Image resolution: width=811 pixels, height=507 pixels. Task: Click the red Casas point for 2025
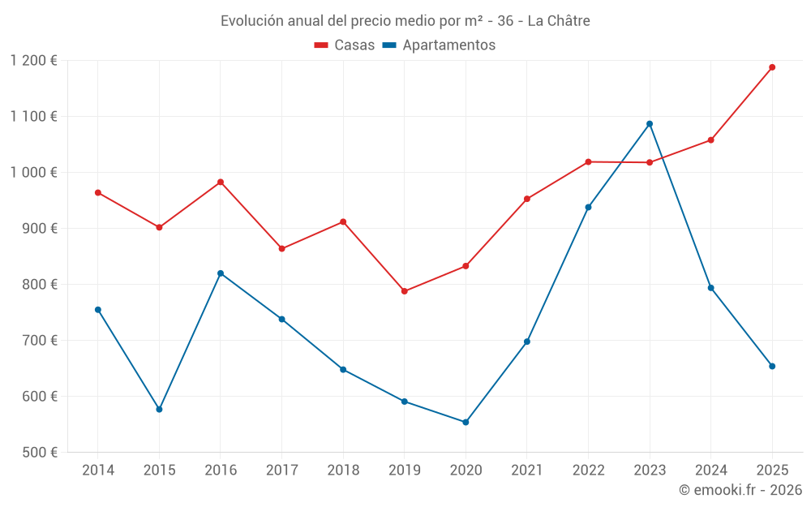(x=772, y=67)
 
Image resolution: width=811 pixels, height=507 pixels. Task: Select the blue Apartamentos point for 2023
(x=650, y=124)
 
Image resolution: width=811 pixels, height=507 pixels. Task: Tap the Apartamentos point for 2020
(x=466, y=422)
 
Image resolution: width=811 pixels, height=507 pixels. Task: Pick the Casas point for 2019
(x=404, y=291)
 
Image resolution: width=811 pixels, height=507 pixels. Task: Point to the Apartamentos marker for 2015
(x=159, y=410)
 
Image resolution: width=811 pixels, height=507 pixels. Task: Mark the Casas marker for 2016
(x=221, y=183)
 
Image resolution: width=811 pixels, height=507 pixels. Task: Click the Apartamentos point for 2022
(x=588, y=207)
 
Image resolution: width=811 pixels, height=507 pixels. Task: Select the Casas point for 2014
(x=98, y=193)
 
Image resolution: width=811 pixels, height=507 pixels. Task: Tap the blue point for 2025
(x=772, y=366)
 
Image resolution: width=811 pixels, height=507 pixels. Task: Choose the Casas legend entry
(x=345, y=45)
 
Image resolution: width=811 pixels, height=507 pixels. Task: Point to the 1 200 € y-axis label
(x=34, y=61)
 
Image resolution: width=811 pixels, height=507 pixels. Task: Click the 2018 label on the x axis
(x=343, y=470)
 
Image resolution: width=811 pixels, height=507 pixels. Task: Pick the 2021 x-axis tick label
(x=527, y=470)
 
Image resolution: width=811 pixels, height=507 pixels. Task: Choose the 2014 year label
(x=98, y=470)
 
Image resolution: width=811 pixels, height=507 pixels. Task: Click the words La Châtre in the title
(x=559, y=20)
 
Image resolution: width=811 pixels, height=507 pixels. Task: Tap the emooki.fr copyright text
(x=740, y=490)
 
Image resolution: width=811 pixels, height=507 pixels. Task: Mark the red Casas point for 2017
(x=281, y=249)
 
